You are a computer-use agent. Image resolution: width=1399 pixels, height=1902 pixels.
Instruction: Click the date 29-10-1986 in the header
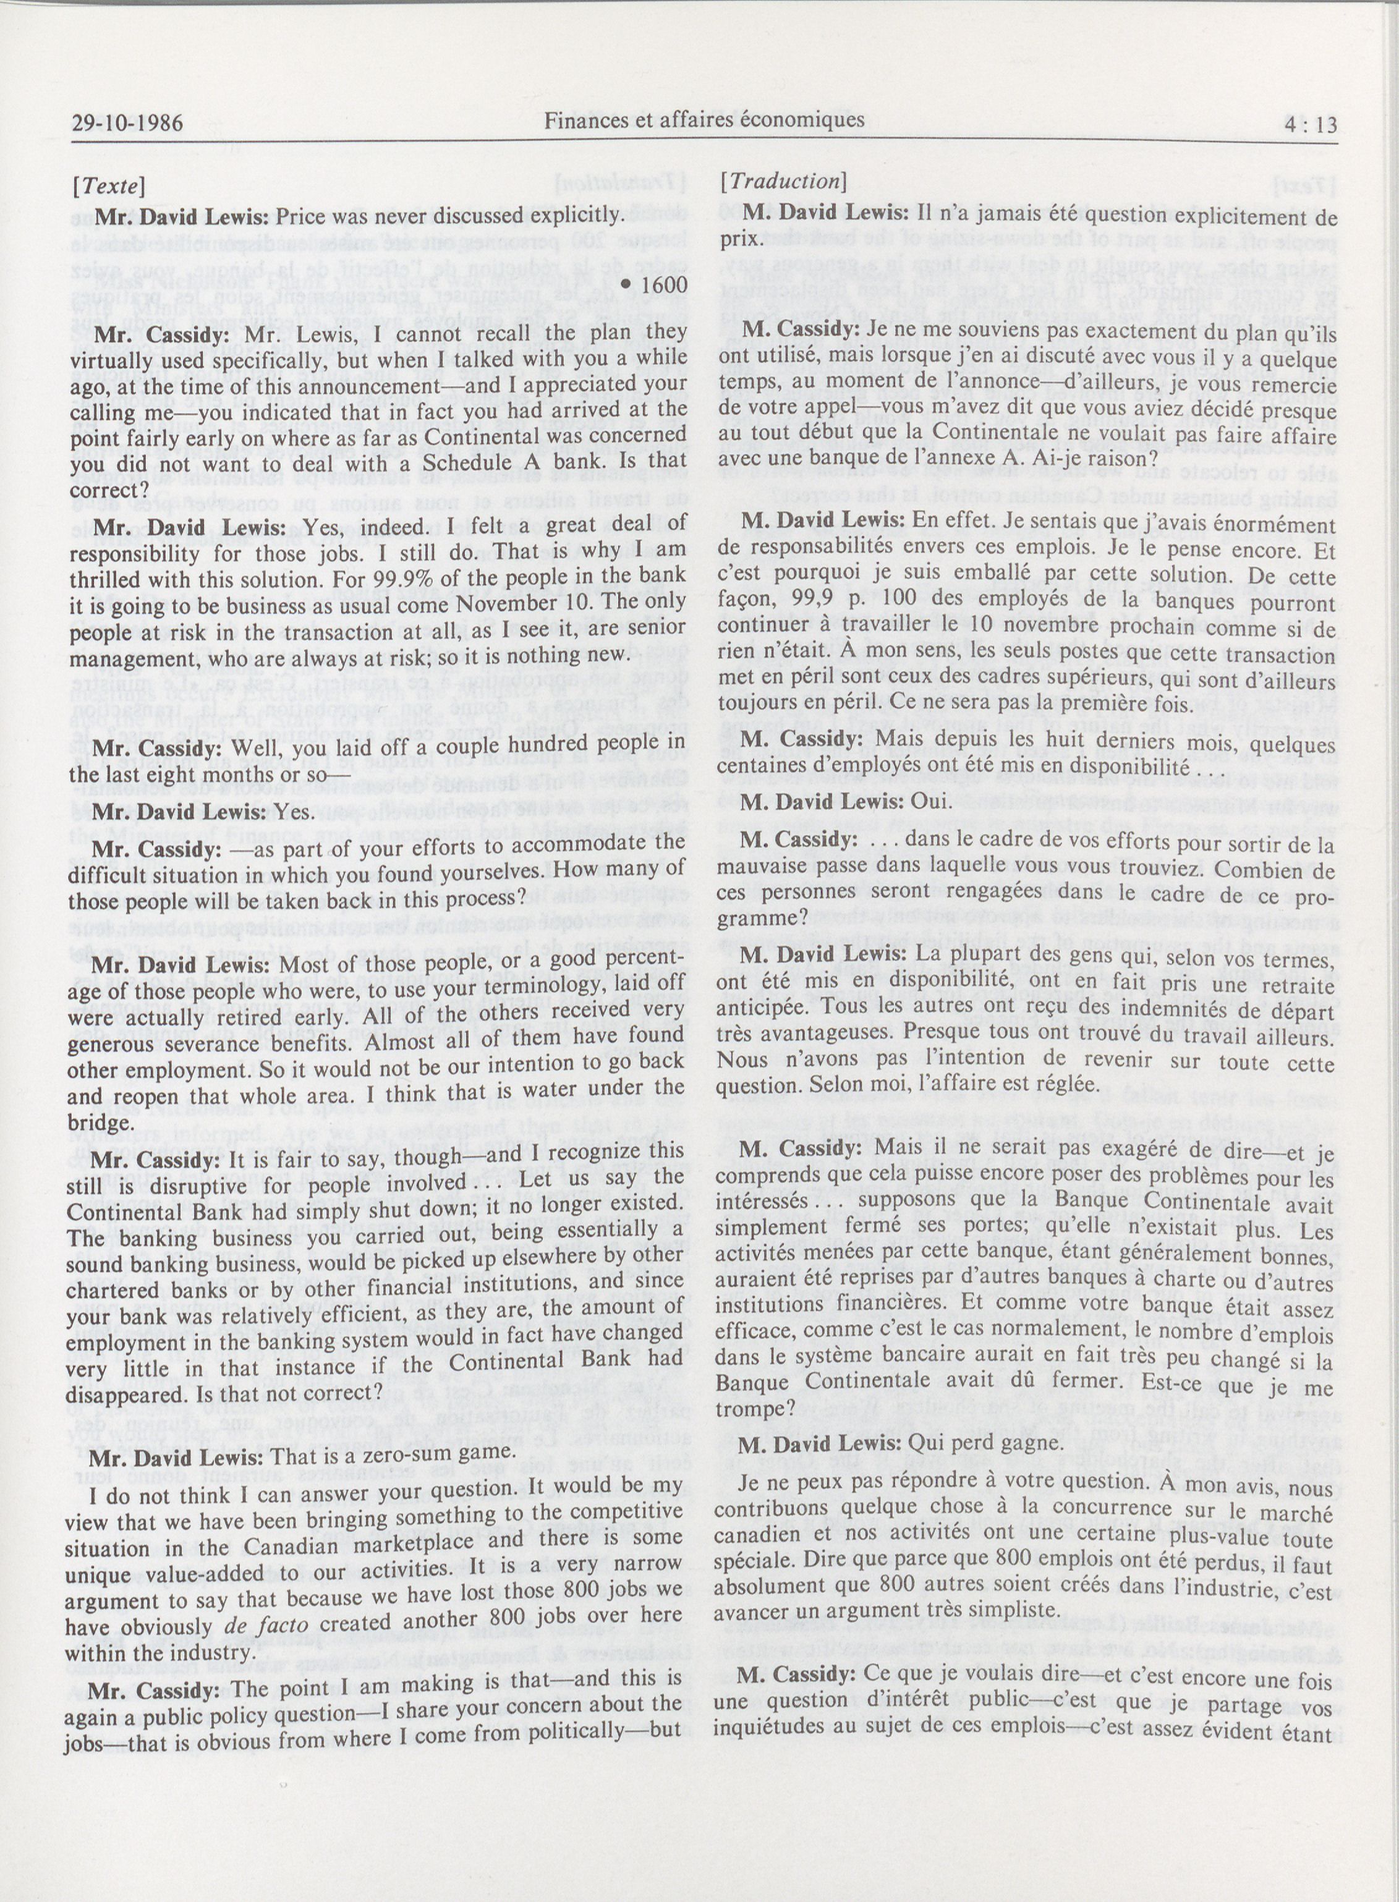pyautogui.click(x=126, y=124)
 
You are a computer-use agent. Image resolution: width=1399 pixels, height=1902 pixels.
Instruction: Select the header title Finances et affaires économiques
pyautogui.click(x=704, y=121)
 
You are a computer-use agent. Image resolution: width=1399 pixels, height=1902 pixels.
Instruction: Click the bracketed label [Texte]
pyautogui.click(x=108, y=185)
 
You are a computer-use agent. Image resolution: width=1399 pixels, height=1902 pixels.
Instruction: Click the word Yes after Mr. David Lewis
pyautogui.click(x=295, y=813)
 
